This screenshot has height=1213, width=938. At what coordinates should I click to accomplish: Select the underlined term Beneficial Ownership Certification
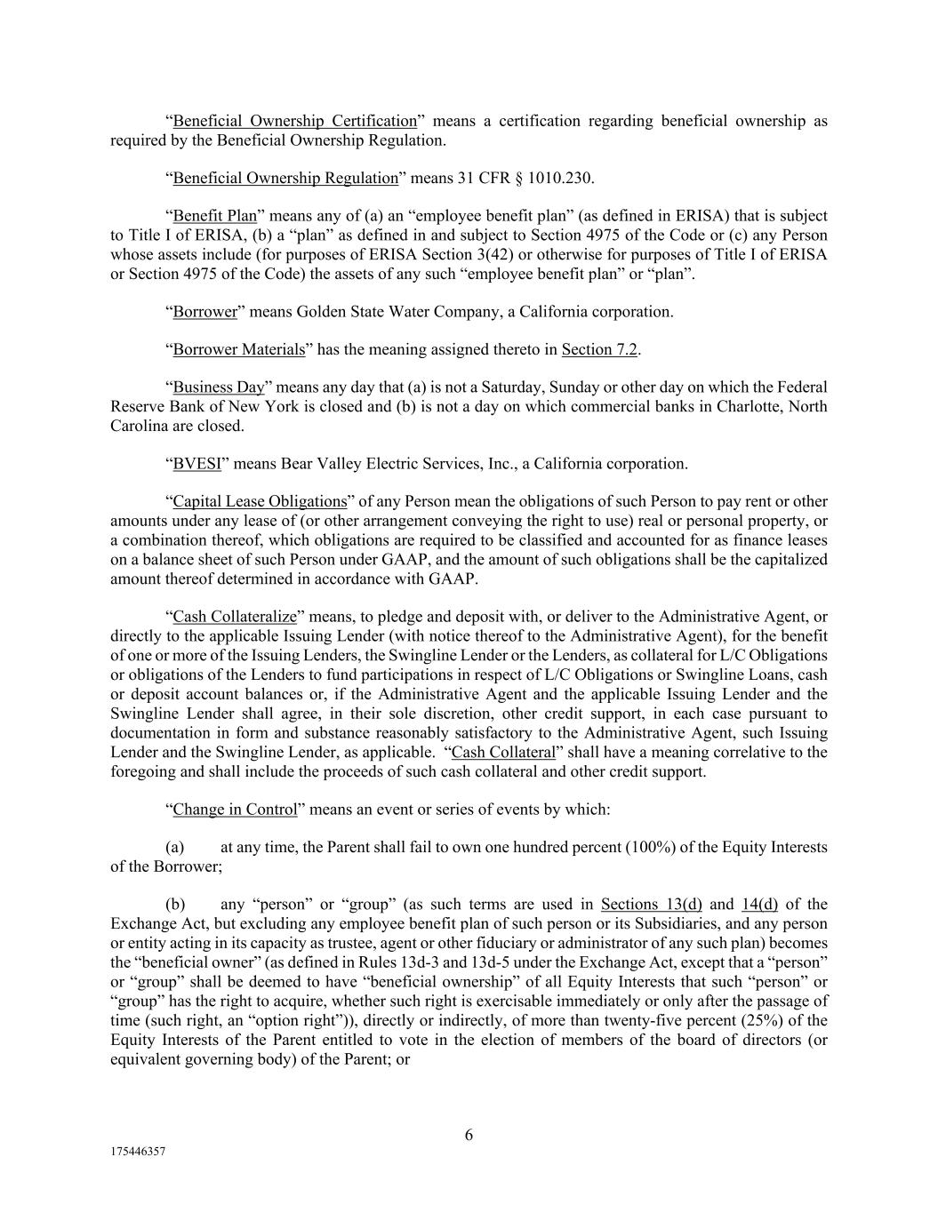pos(294,121)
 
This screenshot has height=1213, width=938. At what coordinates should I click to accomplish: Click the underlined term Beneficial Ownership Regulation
pos(285,178)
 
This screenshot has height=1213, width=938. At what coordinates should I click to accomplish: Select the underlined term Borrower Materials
pos(239,349)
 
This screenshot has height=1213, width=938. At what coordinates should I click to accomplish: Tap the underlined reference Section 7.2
pos(599,349)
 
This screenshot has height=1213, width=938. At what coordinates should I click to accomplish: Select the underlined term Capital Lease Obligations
pos(260,501)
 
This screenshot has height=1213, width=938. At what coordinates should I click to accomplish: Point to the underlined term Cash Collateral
pos(503,753)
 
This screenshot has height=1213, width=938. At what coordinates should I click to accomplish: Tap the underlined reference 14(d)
pos(758,905)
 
